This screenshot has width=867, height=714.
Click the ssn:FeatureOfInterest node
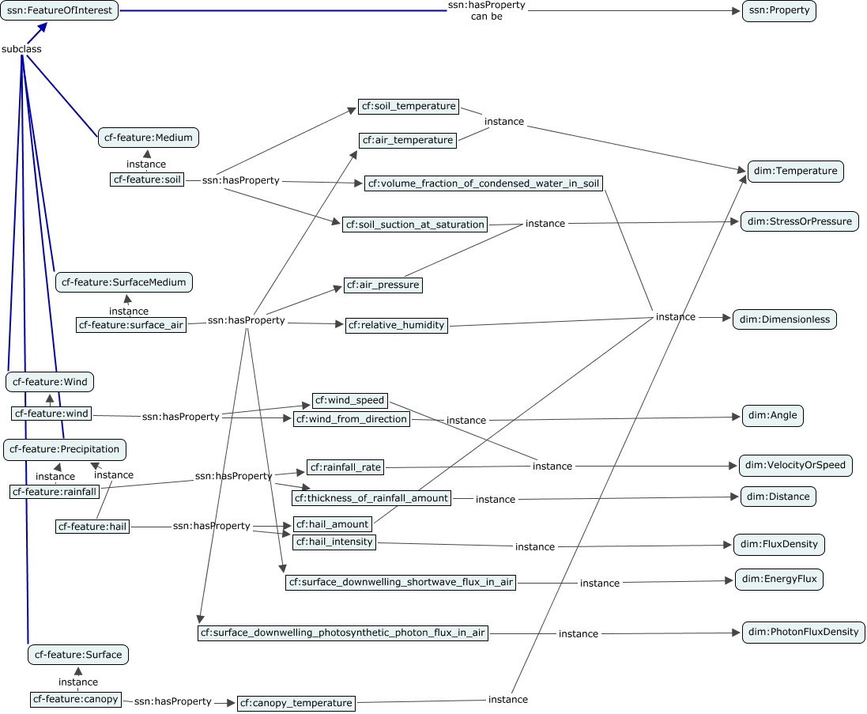pos(59,11)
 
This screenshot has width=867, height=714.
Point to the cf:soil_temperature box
pos(408,106)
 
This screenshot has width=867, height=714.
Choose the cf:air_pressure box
pos(383,285)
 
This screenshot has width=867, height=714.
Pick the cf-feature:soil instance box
pos(147,179)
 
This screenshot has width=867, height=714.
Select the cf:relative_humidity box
pos(397,325)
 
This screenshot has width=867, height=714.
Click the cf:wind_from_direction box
pos(352,419)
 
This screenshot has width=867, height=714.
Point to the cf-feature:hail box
pos(92,527)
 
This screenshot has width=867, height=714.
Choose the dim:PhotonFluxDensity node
pos(804,633)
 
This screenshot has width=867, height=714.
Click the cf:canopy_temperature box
pos(296,703)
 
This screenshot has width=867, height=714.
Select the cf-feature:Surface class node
pos(77,655)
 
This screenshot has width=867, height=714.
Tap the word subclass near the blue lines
pos(22,49)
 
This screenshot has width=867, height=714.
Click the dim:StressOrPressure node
pos(799,221)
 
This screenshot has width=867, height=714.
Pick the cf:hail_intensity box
pos(334,542)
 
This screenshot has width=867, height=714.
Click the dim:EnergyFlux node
pos(779,580)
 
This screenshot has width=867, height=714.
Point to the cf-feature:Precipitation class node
pos(64,449)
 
